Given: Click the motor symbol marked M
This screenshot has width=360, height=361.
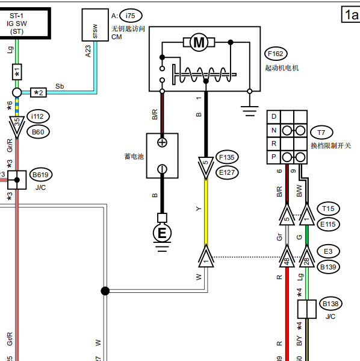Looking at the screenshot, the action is click(x=199, y=42).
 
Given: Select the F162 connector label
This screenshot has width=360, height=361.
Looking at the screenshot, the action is click(x=276, y=54).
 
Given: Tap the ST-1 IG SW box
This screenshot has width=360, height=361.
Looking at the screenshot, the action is click(x=25, y=23).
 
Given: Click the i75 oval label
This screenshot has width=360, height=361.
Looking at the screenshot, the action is click(x=131, y=16).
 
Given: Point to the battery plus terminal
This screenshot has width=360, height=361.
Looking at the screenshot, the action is click(x=162, y=142).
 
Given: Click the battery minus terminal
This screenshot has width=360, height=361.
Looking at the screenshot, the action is click(x=162, y=169).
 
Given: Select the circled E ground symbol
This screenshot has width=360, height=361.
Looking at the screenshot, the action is click(x=162, y=233).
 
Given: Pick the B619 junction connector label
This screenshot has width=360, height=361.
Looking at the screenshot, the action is click(x=41, y=175).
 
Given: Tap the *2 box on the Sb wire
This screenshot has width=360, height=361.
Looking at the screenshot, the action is click(x=39, y=93).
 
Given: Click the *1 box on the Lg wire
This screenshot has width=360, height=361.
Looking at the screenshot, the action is click(x=17, y=72).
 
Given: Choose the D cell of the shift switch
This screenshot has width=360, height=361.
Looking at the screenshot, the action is click(x=274, y=116).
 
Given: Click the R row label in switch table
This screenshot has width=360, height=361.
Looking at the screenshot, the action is click(x=274, y=143).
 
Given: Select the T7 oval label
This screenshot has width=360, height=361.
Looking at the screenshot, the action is click(x=321, y=133).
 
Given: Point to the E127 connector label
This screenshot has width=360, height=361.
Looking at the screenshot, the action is click(x=227, y=172).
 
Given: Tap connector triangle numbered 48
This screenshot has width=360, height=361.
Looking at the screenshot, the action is click(x=287, y=257).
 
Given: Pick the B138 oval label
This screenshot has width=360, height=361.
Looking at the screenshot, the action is click(x=331, y=304).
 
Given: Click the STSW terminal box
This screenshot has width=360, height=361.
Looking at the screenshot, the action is click(x=95, y=25).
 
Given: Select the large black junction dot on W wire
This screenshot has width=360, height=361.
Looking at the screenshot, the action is click(x=105, y=291).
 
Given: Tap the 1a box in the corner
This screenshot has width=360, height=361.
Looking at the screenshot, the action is click(x=351, y=14).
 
